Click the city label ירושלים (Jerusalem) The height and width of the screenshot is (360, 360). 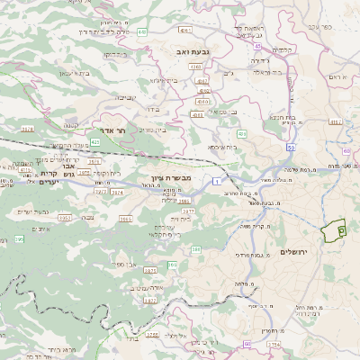coord(294,251)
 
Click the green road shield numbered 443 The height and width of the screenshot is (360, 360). coord(142,31)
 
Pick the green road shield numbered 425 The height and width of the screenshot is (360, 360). coord(95,141)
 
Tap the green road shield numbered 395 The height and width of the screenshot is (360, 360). coord(19,238)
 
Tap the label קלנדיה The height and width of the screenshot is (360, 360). coord(283,49)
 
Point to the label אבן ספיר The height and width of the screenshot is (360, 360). coord(127,265)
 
